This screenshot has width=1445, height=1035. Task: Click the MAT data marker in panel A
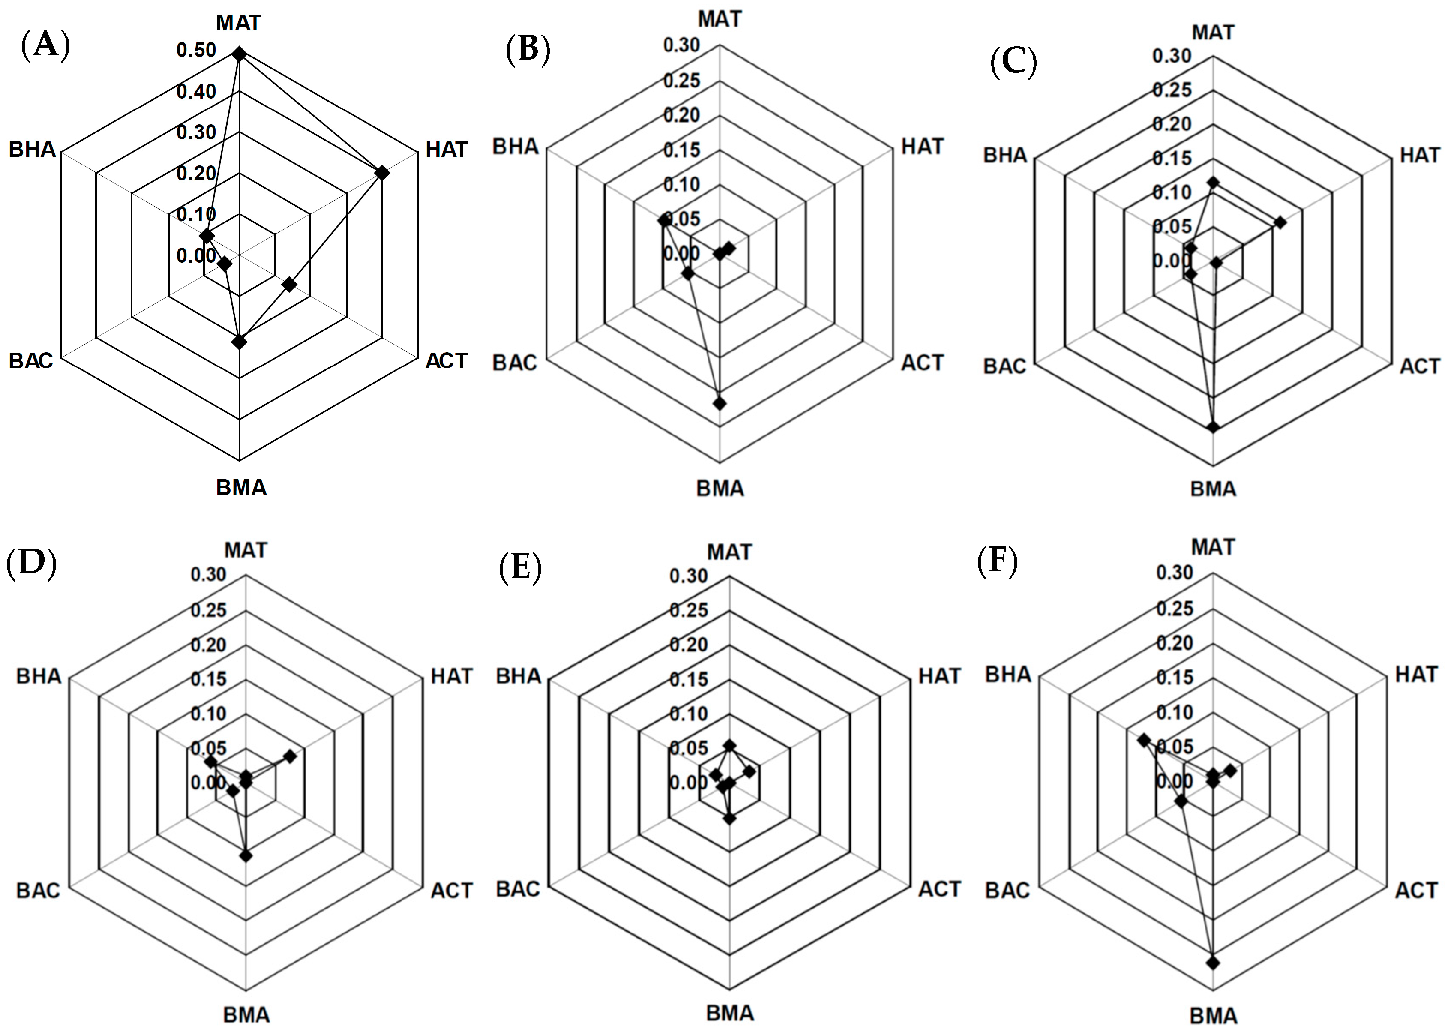(239, 55)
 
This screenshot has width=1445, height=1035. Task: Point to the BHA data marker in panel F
(1144, 740)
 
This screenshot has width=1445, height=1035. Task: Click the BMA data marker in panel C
(1213, 427)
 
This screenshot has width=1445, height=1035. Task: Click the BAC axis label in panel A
(30, 361)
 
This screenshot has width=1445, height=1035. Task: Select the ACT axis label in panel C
(1419, 366)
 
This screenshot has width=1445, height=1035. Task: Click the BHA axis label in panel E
(518, 675)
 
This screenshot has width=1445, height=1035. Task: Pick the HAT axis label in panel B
(922, 147)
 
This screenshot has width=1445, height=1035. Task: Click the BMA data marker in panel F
(1213, 963)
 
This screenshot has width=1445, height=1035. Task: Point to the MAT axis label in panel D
(246, 550)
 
